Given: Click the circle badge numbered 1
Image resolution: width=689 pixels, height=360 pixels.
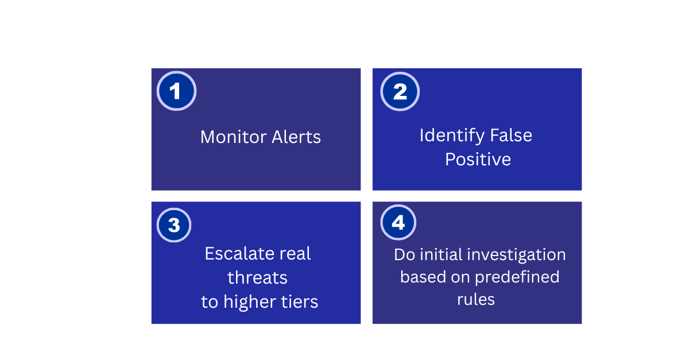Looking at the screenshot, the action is tap(176, 91).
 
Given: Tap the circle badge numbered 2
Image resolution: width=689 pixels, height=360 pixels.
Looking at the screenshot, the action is tap(400, 91).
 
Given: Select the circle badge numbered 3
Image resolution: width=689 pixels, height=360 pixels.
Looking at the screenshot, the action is tap(174, 225).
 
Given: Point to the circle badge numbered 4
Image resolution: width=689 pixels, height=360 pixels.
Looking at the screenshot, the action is tap(398, 222).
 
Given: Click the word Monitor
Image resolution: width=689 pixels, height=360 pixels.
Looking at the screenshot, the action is tap(234, 137).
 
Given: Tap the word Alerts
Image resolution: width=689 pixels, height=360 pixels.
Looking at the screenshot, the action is tap(296, 137).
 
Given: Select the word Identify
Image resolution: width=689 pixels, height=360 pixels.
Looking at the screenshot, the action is tap(452, 136).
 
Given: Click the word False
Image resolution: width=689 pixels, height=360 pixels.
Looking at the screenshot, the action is tap(511, 135).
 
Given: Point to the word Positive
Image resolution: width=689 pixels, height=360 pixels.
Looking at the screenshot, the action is tap(478, 160).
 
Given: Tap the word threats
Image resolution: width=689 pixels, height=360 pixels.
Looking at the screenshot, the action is tap(257, 277).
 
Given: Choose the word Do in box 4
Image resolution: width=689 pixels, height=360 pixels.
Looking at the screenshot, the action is tap(404, 255).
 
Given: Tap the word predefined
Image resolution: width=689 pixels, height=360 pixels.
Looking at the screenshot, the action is tap(517, 277).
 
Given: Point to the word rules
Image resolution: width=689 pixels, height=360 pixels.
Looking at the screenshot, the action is tap(476, 299).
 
